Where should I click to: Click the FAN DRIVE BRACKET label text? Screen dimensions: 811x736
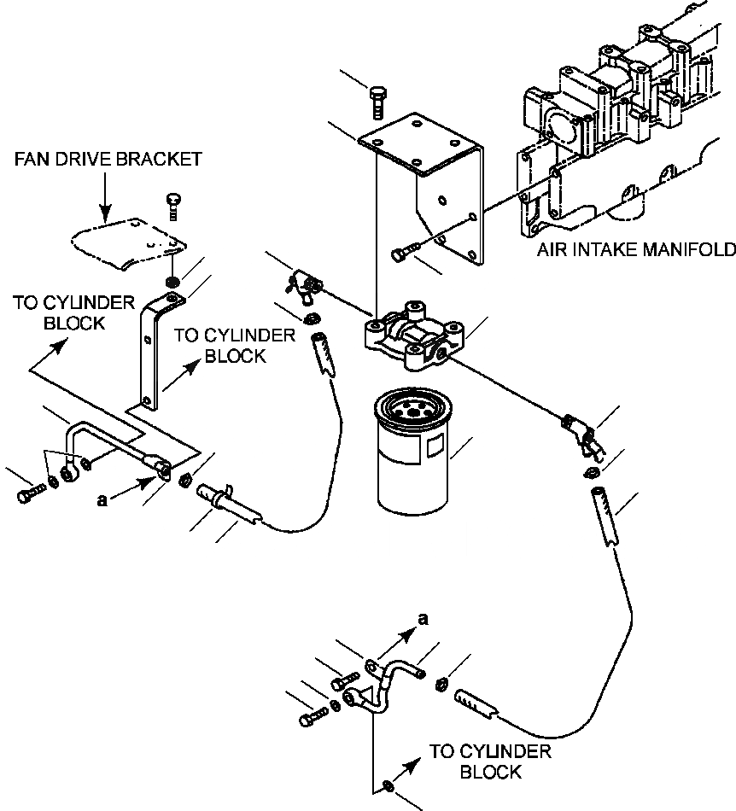[x=108, y=159]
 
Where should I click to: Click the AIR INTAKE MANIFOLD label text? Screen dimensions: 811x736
[x=636, y=250]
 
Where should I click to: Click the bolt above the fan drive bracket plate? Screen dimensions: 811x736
[x=172, y=205]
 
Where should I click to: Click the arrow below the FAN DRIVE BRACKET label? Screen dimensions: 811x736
[x=103, y=196]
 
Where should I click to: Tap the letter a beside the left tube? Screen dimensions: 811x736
[x=103, y=502]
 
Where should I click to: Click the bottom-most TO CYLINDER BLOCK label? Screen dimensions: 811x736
[x=489, y=761]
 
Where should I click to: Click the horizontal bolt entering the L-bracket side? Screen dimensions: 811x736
[x=405, y=253]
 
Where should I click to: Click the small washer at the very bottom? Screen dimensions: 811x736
[x=388, y=784]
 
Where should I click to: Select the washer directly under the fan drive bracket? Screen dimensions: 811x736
[x=172, y=283]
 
